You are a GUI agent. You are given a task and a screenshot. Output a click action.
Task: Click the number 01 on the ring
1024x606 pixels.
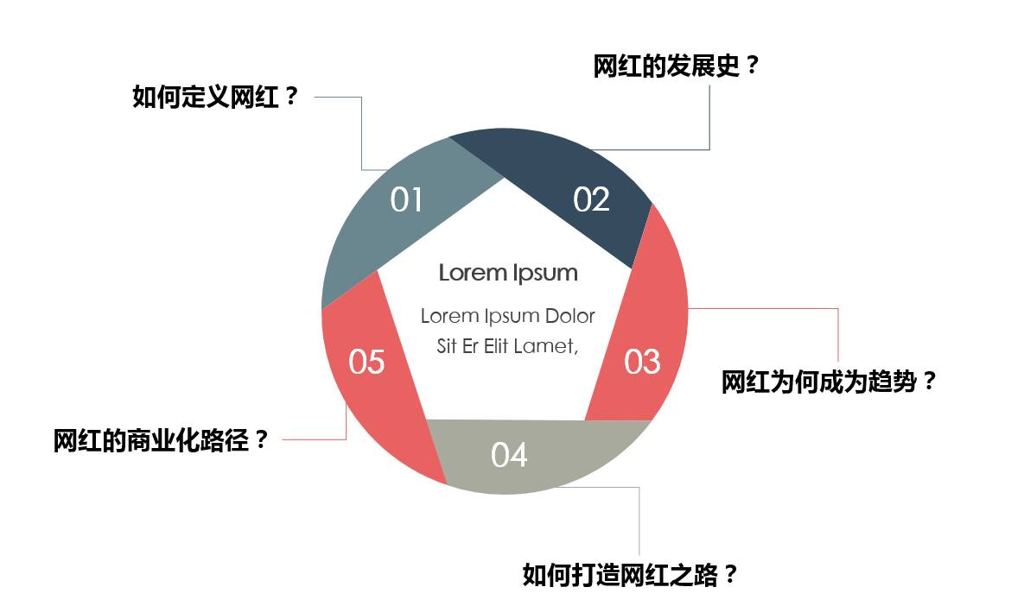406,199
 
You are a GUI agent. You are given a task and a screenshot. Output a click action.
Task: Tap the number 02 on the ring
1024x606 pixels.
591,199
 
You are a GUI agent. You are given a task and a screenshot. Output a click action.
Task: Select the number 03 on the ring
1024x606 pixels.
642,362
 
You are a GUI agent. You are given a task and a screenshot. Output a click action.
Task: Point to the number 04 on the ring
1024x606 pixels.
509,455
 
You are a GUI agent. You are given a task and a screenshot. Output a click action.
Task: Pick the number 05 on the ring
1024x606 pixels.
366,362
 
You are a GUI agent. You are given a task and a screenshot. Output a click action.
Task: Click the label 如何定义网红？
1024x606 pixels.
215,97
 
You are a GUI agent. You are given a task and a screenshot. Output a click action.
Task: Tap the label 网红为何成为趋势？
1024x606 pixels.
829,382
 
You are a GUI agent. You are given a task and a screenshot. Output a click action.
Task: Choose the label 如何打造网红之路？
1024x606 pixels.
631,575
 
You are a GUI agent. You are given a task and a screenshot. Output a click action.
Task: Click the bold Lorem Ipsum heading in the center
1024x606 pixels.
508,273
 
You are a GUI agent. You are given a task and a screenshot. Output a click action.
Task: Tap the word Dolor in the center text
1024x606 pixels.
569,316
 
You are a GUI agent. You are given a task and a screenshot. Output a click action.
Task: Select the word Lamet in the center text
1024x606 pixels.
544,346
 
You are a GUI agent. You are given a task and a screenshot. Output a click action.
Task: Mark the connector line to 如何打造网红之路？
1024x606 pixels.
639,518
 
